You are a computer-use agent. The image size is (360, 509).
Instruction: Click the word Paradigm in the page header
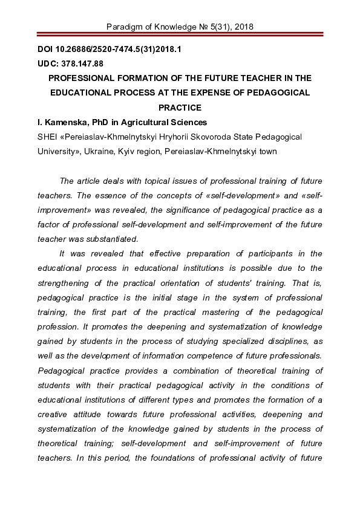point(124,27)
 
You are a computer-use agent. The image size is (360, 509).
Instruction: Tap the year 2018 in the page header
point(242,27)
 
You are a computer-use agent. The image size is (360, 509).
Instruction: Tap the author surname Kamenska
point(65,123)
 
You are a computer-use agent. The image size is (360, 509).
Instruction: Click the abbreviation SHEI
point(48,138)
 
